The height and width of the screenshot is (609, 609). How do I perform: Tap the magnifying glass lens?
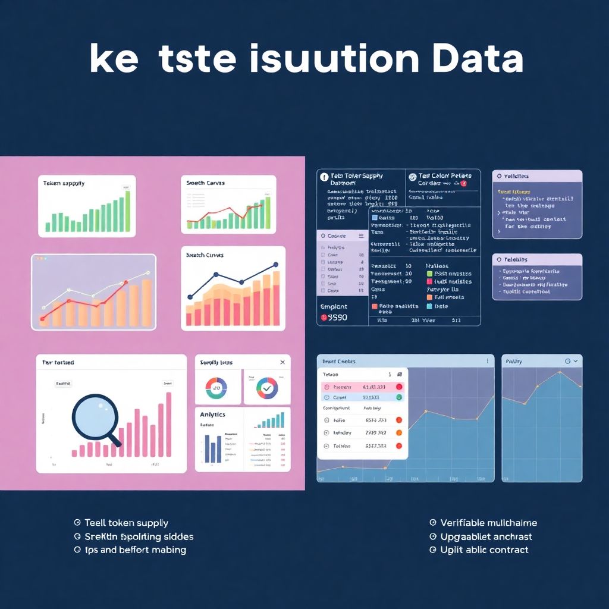(x=95, y=417)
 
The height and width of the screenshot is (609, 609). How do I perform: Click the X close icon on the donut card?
(x=282, y=362)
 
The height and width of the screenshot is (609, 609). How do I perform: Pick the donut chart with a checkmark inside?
(x=267, y=388)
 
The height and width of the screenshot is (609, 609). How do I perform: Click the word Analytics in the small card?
(x=213, y=415)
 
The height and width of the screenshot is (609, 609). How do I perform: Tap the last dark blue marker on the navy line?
(x=275, y=265)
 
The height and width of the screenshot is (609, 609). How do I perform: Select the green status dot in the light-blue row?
(x=398, y=397)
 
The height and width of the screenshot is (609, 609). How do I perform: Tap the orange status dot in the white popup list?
(x=398, y=433)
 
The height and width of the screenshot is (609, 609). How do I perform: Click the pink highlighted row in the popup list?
(x=362, y=387)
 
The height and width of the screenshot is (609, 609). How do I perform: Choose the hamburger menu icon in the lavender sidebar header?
(x=361, y=236)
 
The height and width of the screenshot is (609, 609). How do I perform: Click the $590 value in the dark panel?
(x=336, y=318)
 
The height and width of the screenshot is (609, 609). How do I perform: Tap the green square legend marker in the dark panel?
(x=430, y=274)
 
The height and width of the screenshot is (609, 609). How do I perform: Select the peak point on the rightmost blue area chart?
(x=559, y=373)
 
